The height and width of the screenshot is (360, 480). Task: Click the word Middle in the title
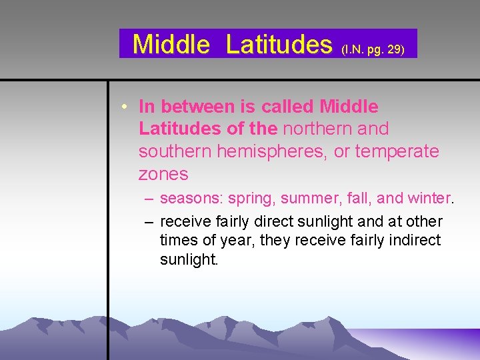click(x=171, y=44)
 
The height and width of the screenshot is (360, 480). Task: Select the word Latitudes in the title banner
click(x=279, y=44)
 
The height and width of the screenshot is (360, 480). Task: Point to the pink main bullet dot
click(x=125, y=107)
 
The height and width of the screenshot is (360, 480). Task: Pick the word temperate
click(x=397, y=151)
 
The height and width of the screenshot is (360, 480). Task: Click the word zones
click(x=163, y=174)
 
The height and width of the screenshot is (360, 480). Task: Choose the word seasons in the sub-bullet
click(x=193, y=199)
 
